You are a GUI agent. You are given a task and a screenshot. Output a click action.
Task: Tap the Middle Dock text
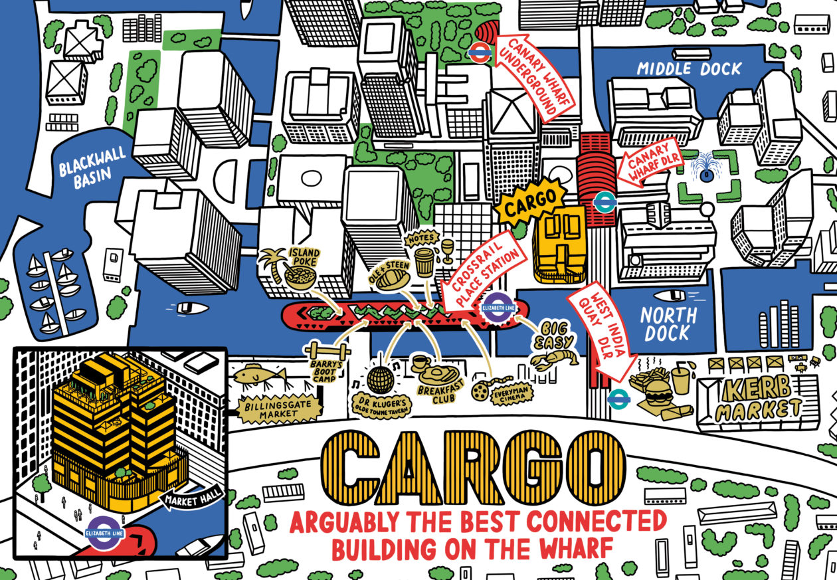[x=689, y=68]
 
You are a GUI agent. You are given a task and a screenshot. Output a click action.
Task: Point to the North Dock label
[x=669, y=324]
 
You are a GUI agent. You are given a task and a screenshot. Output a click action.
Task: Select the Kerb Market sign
[x=758, y=399]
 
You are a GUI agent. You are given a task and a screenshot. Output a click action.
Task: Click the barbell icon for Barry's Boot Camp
[x=326, y=350]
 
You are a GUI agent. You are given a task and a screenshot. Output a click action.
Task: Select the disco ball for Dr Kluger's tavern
[x=381, y=379]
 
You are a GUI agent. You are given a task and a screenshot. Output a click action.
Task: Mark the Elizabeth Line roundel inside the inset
[x=102, y=532]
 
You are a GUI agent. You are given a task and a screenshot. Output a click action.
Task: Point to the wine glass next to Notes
[x=447, y=251]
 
